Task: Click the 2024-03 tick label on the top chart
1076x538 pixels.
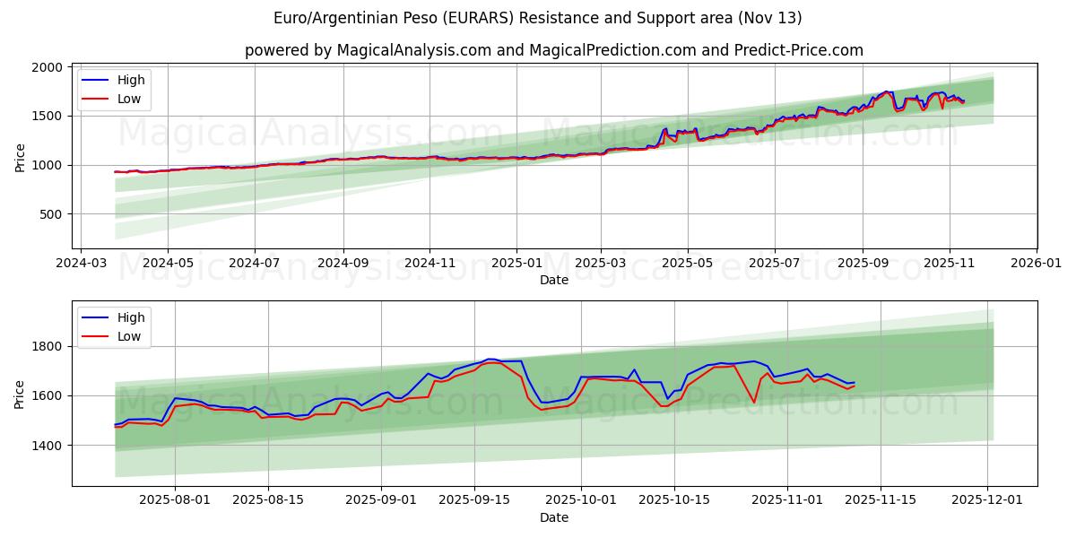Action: click(82, 265)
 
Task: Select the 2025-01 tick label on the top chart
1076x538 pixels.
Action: click(516, 265)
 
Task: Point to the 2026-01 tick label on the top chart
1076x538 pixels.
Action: click(1037, 265)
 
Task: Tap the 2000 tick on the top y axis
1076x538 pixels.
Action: click(49, 67)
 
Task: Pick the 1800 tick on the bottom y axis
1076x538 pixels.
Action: click(49, 346)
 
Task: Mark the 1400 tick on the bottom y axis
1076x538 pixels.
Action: click(49, 445)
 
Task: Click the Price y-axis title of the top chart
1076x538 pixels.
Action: click(20, 158)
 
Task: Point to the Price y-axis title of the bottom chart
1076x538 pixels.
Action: click(20, 394)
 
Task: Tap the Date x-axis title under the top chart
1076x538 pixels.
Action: click(554, 280)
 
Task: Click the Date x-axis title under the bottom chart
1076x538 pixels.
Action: click(554, 517)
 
